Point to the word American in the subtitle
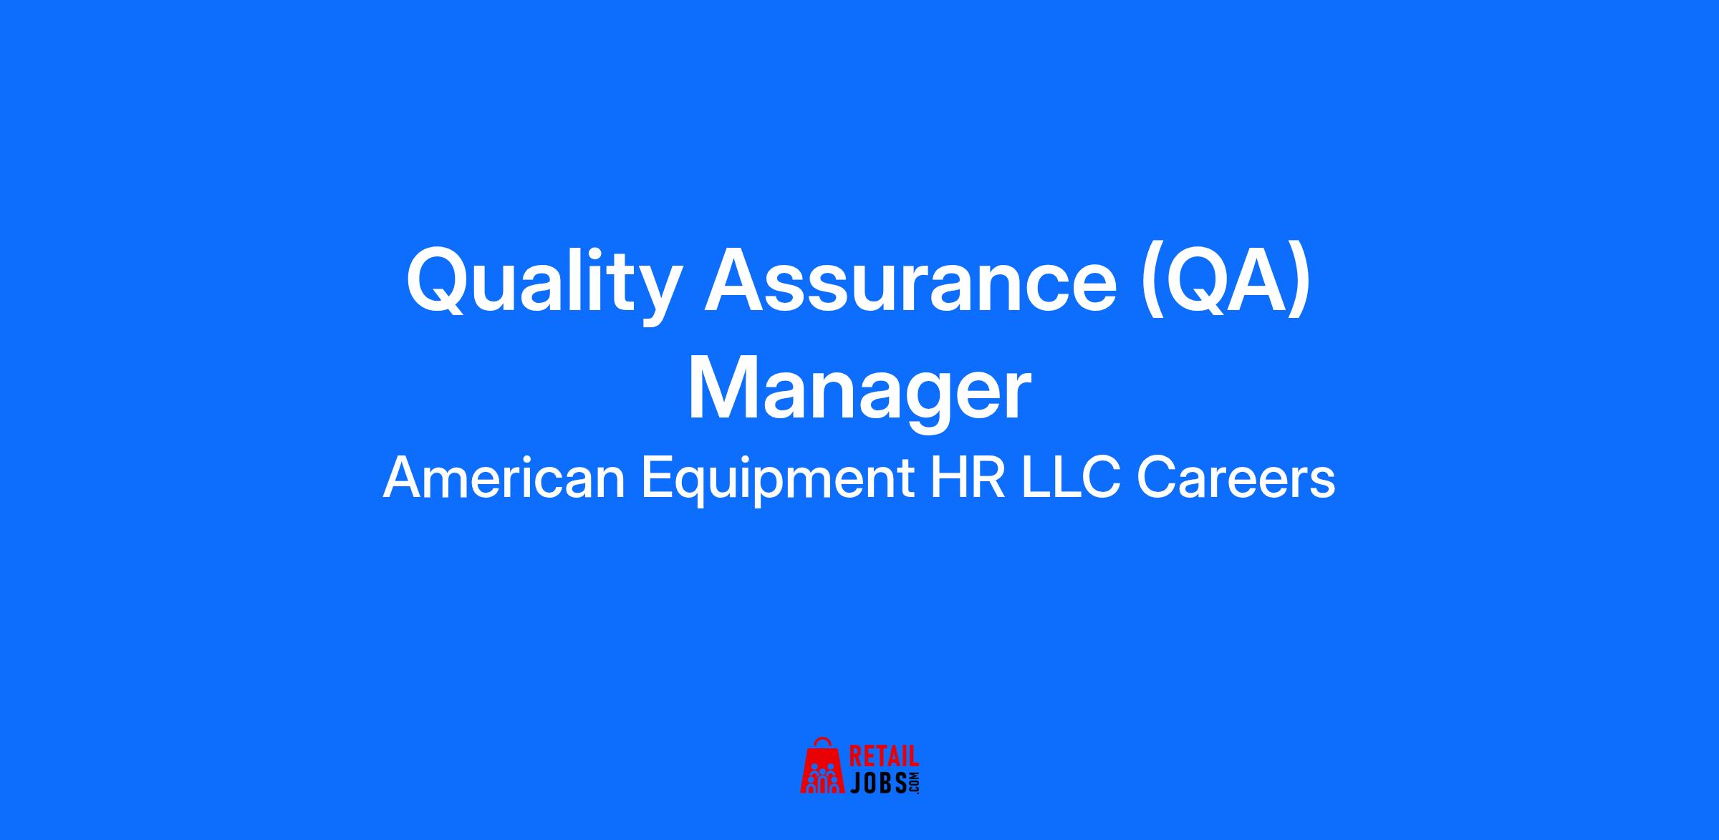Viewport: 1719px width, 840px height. click(x=505, y=479)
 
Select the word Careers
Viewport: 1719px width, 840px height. click(x=1236, y=479)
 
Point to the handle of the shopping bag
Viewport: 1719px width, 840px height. click(x=823, y=742)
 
